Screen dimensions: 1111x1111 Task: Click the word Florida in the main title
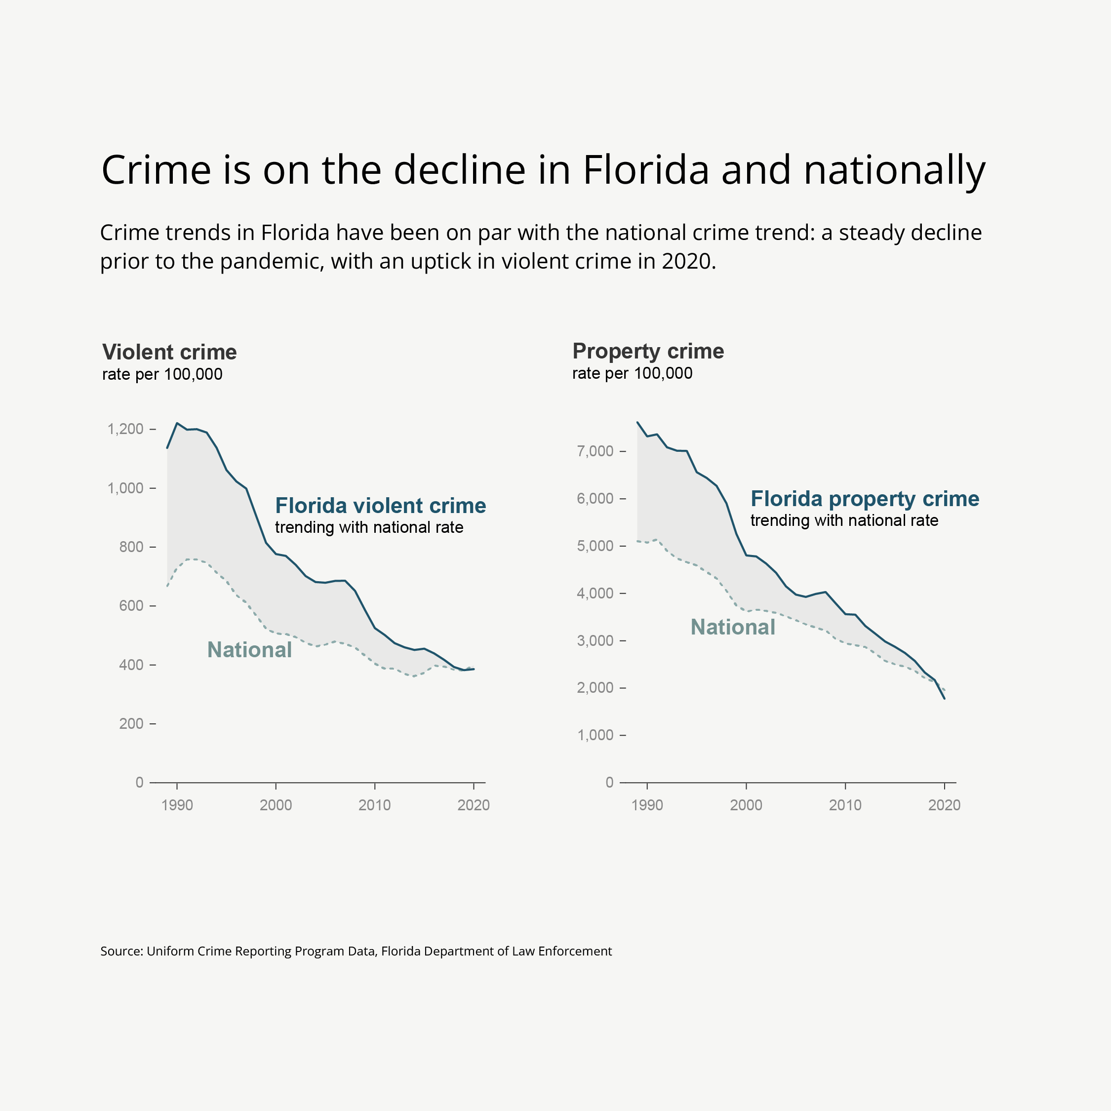coord(645,170)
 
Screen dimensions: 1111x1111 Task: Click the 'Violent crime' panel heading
coord(169,352)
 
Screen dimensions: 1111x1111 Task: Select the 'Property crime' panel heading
coord(648,351)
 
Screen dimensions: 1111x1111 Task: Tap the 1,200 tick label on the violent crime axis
coord(125,429)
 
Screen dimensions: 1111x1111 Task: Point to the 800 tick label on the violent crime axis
coord(131,547)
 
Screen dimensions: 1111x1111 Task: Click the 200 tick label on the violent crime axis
coord(131,723)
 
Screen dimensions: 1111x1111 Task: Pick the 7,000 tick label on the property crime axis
coord(595,451)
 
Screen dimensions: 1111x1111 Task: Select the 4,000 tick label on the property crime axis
coord(595,593)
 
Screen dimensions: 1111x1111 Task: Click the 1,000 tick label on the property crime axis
coord(595,735)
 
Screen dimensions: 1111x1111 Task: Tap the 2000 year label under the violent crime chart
coord(276,805)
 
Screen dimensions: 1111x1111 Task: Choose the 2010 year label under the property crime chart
coord(845,805)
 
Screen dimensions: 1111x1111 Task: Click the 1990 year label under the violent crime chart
coord(177,805)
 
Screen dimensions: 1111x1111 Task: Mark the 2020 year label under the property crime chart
coord(944,805)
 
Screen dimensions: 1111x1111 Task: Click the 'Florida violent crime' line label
coord(380,506)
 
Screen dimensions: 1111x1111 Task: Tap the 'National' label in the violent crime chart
coord(249,650)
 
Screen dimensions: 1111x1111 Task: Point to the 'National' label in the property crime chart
coord(733,628)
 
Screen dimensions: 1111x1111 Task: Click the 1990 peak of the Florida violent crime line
coord(177,423)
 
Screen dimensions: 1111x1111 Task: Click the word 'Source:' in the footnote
coord(121,951)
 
